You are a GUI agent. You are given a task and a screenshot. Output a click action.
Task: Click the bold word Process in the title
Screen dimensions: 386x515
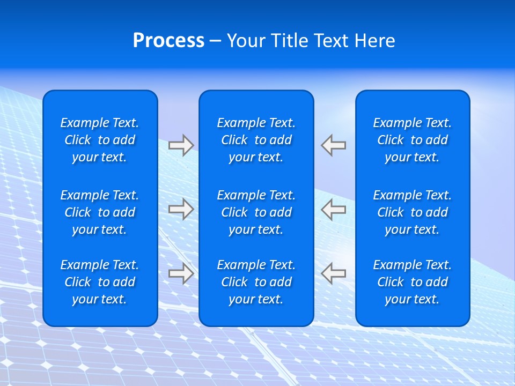pos(168,41)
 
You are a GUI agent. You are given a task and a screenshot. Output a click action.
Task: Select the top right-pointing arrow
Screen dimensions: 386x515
pos(181,145)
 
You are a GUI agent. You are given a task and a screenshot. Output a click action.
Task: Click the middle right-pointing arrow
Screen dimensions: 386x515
pos(181,209)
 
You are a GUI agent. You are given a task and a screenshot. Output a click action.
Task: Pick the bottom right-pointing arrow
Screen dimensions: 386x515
pos(181,273)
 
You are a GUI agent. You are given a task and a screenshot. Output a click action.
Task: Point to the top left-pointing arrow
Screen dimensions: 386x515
pos(334,145)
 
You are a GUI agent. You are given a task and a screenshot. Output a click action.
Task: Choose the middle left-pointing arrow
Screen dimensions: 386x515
pos(334,209)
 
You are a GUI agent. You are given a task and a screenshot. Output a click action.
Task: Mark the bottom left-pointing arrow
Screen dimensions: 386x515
pos(334,273)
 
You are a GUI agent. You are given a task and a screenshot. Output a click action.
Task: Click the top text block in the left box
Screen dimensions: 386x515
pos(100,140)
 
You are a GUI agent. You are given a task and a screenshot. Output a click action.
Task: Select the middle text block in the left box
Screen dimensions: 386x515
pos(100,212)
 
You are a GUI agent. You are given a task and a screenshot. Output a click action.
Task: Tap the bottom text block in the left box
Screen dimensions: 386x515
pos(100,282)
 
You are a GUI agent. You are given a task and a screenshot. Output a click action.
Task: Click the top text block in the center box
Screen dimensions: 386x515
pos(256,140)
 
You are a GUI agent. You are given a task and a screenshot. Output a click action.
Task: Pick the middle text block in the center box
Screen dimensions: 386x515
pos(256,212)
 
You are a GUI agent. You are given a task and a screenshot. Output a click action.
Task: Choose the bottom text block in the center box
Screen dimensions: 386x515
pos(256,282)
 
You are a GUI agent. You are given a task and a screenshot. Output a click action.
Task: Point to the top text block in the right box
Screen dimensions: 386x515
pos(413,140)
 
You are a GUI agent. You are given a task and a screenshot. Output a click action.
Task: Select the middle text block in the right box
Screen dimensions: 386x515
pos(413,212)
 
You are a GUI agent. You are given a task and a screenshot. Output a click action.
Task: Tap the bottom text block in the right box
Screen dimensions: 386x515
pos(413,282)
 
